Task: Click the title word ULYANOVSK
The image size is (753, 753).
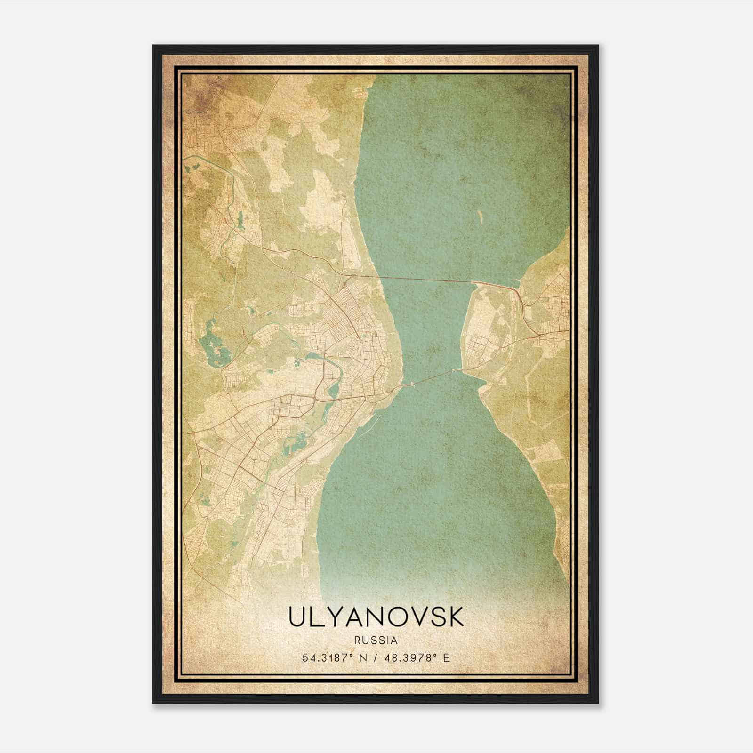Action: click(x=376, y=617)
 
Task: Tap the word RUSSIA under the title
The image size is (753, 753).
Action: click(x=376, y=641)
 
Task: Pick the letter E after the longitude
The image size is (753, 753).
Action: click(x=447, y=657)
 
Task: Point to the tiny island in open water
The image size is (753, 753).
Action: click(x=481, y=216)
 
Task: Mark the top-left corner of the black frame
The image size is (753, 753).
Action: click(x=153, y=46)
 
